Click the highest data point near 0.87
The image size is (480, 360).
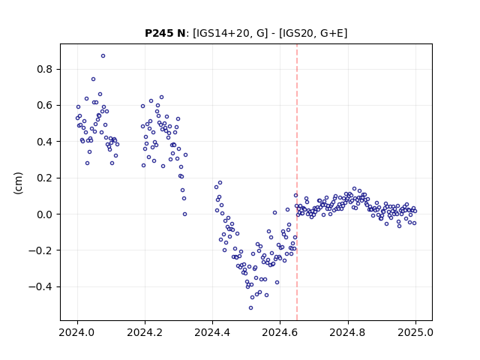coord(103,56)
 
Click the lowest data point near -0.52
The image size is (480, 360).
coord(251,308)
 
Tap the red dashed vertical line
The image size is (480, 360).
coord(297,182)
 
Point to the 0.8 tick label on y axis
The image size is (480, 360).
coord(45,69)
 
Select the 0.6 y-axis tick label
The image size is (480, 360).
coord(45,105)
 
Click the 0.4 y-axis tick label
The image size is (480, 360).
coord(45,142)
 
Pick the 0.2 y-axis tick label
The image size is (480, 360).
coord(45,178)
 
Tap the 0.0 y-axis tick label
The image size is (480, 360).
coord(45,214)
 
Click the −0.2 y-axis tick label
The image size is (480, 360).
coord(40,250)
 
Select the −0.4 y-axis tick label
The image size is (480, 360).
coord(40,286)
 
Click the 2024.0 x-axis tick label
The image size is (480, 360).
coord(77,332)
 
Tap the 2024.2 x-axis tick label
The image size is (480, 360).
coord(145,332)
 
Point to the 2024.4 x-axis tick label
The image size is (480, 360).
coord(212,332)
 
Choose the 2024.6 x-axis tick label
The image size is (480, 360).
coord(280,332)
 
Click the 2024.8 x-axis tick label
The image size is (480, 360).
coord(348,332)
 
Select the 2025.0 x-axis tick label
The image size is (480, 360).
coord(415,332)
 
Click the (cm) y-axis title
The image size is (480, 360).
coord(18,183)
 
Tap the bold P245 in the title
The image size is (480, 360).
coord(158,33)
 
